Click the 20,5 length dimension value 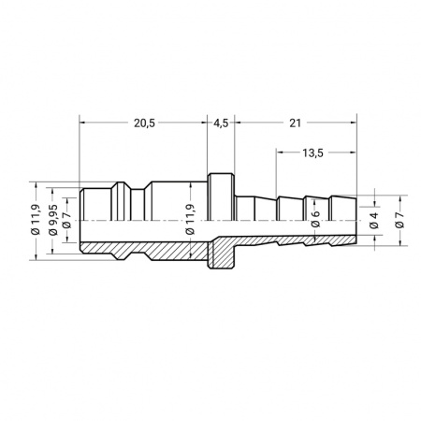coord(144,123)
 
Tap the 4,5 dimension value coord(221,123)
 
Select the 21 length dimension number coord(295,123)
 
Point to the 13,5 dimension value coord(312,153)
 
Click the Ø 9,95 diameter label coord(53,220)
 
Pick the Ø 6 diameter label coord(315,219)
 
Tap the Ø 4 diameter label coord(374,221)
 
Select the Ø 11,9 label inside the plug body coord(190,219)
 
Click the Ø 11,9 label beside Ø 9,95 coord(36,219)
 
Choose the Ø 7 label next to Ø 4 coord(399,220)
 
